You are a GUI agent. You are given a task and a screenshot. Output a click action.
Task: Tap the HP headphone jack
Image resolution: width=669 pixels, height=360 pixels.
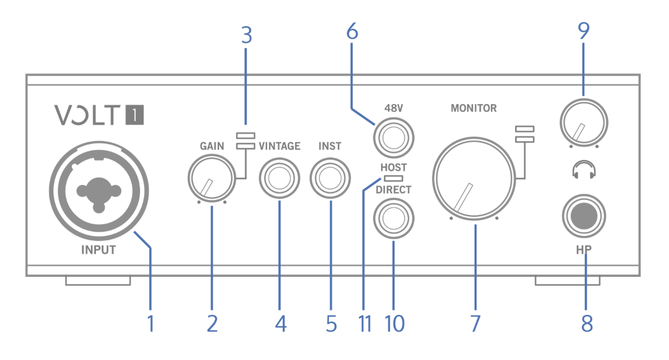(584, 216)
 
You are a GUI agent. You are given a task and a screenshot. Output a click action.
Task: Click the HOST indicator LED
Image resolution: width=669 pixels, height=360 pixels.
(393, 178)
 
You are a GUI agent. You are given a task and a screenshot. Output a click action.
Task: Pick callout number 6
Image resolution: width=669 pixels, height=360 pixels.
(352, 32)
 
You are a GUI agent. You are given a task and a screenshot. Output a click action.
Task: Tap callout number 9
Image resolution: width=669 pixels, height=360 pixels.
(583, 32)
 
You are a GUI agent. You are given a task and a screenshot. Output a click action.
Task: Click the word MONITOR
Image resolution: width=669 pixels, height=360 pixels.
(474, 108)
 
